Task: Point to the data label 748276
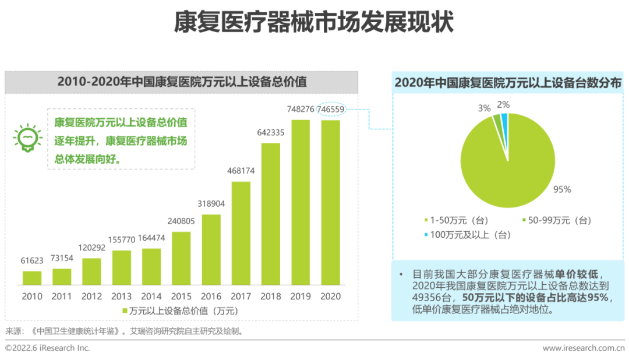301,109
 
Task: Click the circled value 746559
331,109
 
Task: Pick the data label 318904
211,203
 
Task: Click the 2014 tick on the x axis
151,296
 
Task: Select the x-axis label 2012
92,296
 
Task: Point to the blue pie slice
504,119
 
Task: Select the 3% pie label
484,108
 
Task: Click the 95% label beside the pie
563,189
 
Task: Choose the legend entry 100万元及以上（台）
467,235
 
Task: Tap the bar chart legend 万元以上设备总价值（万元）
180,311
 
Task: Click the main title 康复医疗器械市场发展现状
314,23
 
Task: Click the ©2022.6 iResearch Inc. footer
48,348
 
